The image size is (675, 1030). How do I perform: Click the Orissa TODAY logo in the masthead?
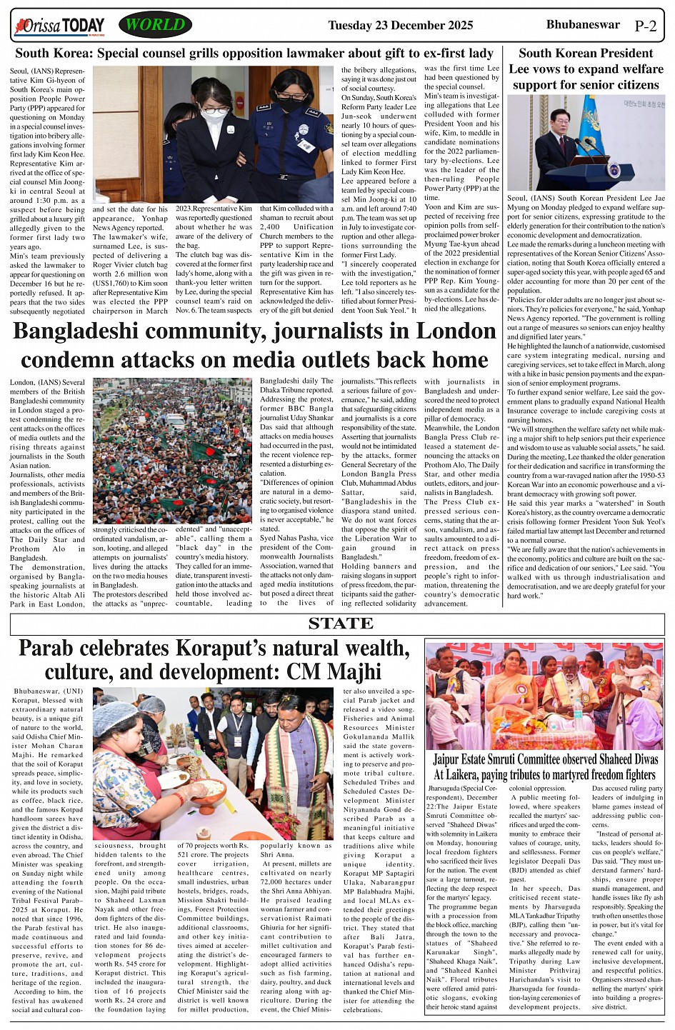[59, 26]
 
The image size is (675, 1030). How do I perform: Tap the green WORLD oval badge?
[155, 26]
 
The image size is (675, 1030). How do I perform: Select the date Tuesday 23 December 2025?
[400, 26]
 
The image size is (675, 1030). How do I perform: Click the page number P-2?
[645, 26]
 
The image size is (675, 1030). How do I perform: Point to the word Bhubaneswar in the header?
[583, 25]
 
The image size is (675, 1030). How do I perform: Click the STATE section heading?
[341, 624]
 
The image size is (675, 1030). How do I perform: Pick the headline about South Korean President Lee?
[585, 69]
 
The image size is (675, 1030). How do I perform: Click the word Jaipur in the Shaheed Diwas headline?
[451, 759]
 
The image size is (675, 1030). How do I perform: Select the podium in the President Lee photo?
[612, 174]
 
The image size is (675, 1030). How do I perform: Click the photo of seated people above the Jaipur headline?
[544, 696]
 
